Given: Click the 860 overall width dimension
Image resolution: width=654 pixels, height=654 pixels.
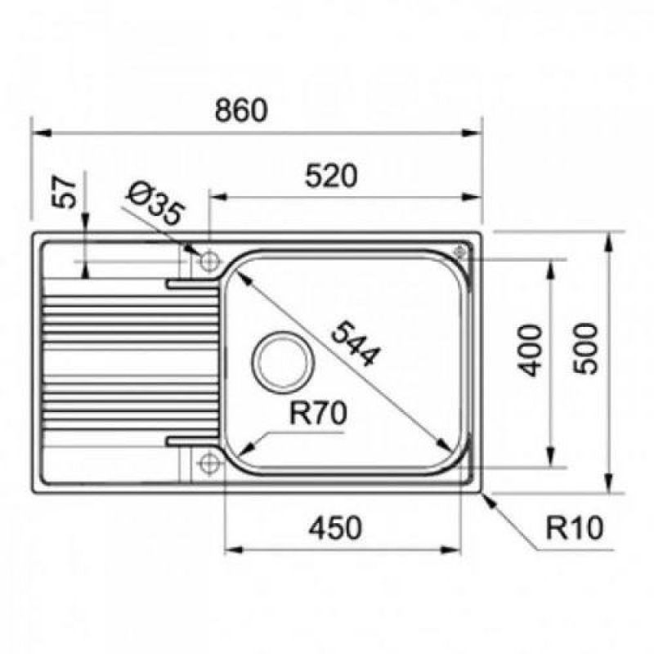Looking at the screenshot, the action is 240,110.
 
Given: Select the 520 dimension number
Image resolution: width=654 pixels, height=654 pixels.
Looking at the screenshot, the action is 331,176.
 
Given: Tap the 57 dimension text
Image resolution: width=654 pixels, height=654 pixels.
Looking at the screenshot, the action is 64,192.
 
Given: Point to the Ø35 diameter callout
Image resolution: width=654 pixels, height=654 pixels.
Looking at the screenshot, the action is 155,203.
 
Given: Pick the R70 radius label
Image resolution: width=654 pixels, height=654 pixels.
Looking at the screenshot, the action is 318,413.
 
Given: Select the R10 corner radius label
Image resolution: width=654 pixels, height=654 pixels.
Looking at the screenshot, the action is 575,527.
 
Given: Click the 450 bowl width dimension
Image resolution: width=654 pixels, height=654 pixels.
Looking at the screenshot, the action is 335,527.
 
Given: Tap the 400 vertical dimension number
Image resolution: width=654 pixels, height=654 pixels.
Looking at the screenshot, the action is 529,351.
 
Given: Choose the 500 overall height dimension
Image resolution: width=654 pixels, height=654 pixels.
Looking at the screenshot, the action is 585,349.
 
